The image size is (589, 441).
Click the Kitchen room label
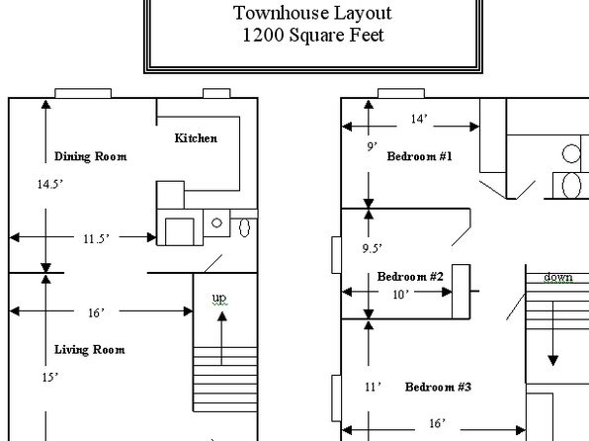[196, 138]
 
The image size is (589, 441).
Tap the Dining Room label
[91, 156]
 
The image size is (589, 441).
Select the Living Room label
[89, 350]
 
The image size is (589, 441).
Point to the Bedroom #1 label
[420, 156]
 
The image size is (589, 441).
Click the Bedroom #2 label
[410, 276]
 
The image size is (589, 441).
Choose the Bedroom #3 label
[438, 387]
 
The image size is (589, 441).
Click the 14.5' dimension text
[50, 184]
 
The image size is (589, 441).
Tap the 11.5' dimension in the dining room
[96, 238]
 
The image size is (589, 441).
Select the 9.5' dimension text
[372, 248]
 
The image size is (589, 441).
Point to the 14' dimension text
[419, 119]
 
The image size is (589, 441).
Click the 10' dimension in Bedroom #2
[400, 295]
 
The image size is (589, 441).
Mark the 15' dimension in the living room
[50, 377]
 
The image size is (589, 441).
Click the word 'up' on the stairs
[219, 299]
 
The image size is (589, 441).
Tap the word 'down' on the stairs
[558, 277]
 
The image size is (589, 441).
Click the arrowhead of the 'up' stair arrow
[222, 316]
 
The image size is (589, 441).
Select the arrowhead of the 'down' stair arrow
[553, 361]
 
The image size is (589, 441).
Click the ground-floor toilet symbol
[244, 227]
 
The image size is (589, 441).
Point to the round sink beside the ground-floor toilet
[216, 222]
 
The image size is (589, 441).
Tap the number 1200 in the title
[263, 35]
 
